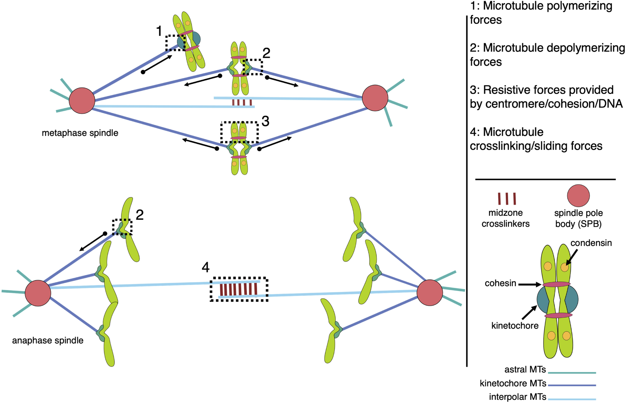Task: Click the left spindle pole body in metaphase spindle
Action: pos(82,100)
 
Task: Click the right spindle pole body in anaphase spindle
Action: pos(430,293)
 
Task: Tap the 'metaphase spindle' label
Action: pos(80,133)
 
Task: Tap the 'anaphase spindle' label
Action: pos(48,340)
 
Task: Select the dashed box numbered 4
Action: pos(239,289)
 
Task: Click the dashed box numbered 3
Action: pos(239,133)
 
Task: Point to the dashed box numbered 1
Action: pos(175,43)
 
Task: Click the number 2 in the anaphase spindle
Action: pos(140,215)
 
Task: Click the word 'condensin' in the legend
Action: pos(591,243)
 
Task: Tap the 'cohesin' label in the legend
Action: pos(500,284)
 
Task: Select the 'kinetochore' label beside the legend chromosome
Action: pos(515,326)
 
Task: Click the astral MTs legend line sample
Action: pos(572,373)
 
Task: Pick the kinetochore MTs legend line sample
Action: pos(572,385)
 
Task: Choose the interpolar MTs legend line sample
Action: pos(572,399)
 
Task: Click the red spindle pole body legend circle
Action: pos(578,196)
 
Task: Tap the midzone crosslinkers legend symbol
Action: pos(506,198)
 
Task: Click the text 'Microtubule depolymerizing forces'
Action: pos(547,55)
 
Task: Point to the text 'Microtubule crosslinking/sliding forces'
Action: pos(536,139)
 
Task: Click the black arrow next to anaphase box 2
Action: pos(92,242)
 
